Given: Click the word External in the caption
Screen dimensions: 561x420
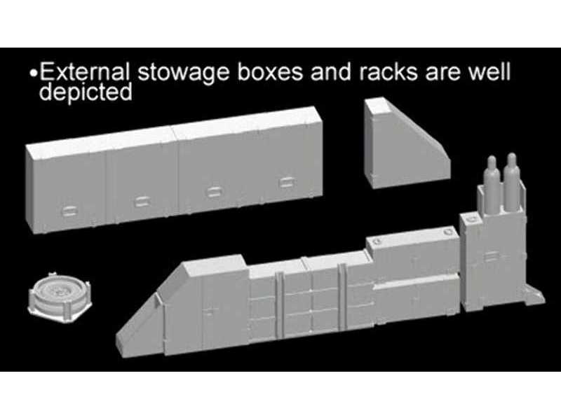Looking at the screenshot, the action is (84, 72).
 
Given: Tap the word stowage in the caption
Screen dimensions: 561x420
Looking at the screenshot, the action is (183, 73).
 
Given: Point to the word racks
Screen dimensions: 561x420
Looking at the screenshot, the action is (388, 72).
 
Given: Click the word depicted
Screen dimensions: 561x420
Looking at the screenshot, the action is (86, 92).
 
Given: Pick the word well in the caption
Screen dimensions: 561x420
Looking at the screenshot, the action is (489, 72).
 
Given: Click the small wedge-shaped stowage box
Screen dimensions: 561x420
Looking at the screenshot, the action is (407, 142).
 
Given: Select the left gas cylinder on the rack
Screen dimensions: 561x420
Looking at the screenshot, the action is (492, 184).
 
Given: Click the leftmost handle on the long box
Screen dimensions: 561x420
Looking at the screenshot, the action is (69, 211).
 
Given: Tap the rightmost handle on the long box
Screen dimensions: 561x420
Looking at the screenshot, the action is (287, 183).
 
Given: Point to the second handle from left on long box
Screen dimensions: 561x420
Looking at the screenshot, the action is (142, 202).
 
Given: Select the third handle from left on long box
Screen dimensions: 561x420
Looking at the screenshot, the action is (214, 192).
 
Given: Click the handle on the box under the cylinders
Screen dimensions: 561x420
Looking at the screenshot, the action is (492, 255).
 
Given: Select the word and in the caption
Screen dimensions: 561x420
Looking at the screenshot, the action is (330, 72).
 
